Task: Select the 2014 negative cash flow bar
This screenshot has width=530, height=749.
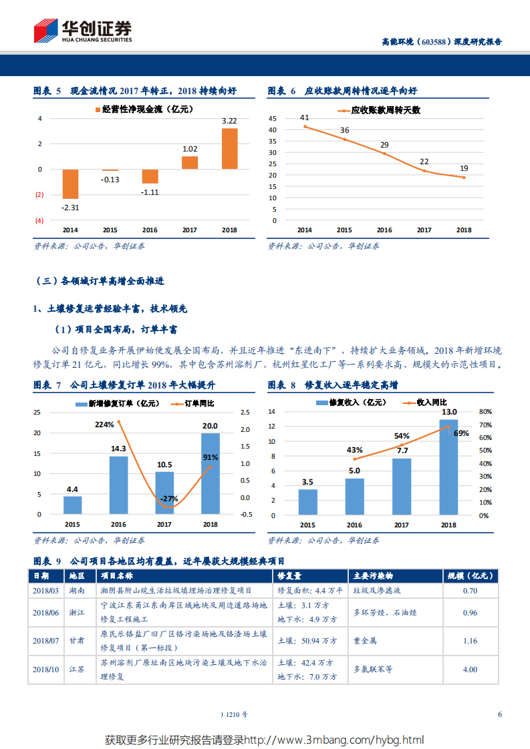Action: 70,184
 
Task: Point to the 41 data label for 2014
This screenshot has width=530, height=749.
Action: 305,117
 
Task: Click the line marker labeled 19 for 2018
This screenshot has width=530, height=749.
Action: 463,177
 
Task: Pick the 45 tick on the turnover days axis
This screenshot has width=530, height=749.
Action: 272,118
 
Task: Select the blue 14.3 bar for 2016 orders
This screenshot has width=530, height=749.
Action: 118,485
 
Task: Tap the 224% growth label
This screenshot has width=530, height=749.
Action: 104,425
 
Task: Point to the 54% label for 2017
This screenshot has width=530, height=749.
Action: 402,435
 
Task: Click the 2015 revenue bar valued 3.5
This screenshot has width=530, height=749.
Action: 307,502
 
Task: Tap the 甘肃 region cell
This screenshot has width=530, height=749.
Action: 76,640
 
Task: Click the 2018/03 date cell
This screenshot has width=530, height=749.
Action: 45,591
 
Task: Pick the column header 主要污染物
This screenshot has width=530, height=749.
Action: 373,575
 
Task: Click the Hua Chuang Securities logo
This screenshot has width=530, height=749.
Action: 83,30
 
